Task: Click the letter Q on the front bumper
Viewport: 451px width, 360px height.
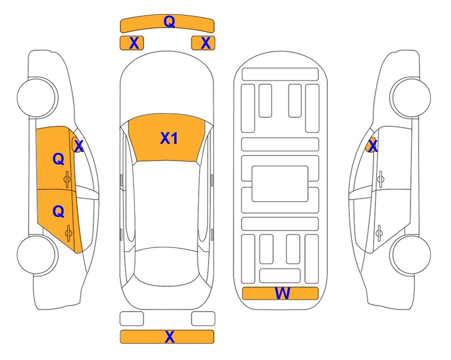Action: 169,22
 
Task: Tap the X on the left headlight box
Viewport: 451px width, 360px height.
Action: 134,43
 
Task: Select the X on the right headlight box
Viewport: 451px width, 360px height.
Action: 206,43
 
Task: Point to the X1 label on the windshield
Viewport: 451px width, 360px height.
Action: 169,138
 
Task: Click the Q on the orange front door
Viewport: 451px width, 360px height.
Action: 59,159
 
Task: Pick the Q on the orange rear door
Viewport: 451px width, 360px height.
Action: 59,212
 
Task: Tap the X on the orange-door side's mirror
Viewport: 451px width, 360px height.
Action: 79,146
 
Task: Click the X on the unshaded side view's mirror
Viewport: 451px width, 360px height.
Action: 373,146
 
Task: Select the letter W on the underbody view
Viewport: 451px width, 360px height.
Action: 282,293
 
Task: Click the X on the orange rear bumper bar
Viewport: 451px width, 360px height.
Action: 170,337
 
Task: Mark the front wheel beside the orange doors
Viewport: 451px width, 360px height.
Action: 37,97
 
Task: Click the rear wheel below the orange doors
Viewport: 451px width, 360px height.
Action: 37,255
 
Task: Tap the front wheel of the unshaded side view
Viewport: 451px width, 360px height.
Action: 411,97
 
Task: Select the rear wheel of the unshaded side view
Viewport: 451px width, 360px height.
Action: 411,255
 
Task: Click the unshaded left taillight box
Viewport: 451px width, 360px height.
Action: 132,319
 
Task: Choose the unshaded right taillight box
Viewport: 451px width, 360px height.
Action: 203,319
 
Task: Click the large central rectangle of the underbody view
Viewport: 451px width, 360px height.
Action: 280,184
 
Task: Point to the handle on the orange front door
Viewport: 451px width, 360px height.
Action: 67,180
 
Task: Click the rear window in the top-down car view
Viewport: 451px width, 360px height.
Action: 167,266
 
